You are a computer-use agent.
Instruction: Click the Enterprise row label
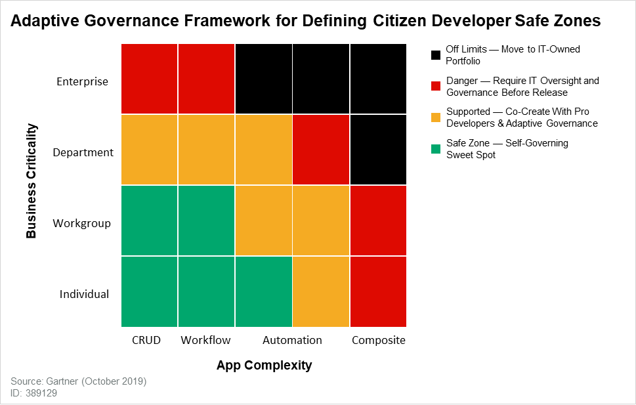82,81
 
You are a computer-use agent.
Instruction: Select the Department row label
83,152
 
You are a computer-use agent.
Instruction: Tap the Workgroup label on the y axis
82,223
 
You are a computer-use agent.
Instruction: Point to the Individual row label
84,294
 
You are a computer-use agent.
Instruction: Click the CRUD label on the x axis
146,340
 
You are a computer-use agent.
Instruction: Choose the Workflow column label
206,340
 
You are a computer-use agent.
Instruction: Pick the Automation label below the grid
292,340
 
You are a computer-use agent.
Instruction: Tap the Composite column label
379,340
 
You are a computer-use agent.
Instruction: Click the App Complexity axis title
264,365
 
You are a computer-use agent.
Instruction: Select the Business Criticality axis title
31,181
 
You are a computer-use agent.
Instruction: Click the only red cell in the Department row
321,150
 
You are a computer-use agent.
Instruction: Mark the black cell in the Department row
378,150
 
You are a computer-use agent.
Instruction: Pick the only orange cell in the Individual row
321,291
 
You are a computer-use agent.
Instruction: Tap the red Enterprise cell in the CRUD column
150,79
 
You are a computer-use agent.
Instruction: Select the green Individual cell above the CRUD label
150,291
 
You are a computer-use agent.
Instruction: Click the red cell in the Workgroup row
378,221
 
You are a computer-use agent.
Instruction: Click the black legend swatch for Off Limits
436,54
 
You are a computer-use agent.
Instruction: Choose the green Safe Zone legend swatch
436,148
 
